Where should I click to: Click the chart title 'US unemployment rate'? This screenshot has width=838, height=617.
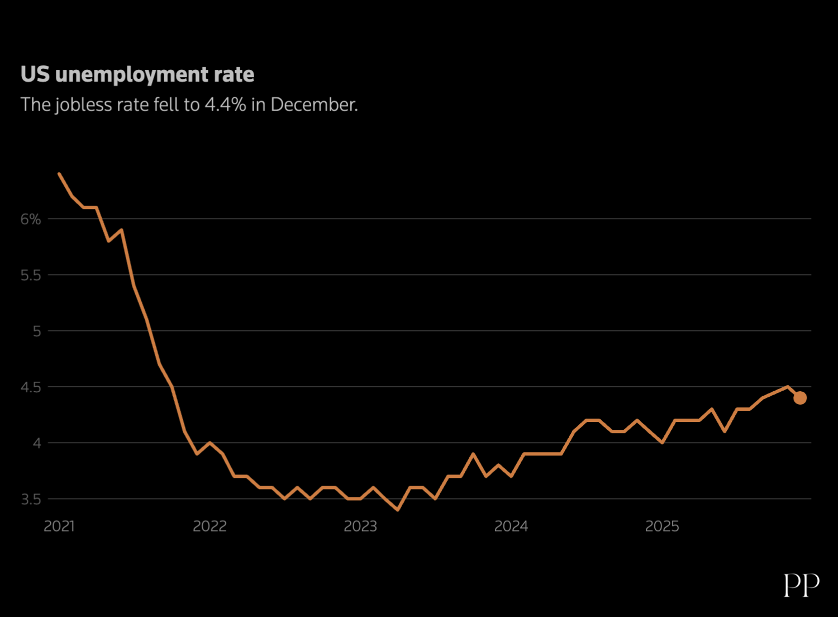coord(137,74)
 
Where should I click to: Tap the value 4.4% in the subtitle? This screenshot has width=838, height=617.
coord(225,105)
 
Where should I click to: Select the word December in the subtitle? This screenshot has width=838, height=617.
coord(314,105)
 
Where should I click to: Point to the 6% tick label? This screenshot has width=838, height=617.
coord(31,219)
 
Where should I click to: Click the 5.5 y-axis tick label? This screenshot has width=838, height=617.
coord(31,275)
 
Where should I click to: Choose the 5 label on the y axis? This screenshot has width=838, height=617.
coord(37,331)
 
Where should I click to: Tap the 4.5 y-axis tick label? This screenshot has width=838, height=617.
coord(31,387)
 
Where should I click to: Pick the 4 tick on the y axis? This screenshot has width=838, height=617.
coord(37,443)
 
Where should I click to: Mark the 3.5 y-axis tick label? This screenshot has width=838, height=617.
coord(31,499)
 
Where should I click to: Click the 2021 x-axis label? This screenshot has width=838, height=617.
coord(59,526)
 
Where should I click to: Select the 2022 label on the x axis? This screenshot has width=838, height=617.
coord(209,526)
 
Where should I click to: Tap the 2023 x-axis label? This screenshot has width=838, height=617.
coord(360,526)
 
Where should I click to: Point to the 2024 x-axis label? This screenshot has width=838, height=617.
coord(511,526)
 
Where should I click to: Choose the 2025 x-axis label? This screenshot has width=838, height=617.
coord(662,526)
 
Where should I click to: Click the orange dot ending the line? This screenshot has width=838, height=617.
coord(800,398)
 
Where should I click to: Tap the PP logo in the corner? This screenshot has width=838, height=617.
coord(801,585)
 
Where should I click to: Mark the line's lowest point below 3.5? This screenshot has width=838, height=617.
coord(398,510)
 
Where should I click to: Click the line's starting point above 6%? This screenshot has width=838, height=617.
coord(59,174)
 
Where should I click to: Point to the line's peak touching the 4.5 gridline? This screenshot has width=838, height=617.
coord(787,387)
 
